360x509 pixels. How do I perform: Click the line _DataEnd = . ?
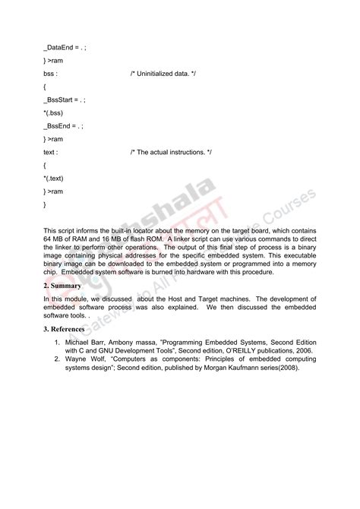pos(65,47)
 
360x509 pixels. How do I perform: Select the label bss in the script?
pos(50,74)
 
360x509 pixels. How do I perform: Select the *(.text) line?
pos(56,179)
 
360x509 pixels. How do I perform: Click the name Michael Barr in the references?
pos(85,343)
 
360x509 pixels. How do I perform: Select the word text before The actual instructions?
pos(50,153)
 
